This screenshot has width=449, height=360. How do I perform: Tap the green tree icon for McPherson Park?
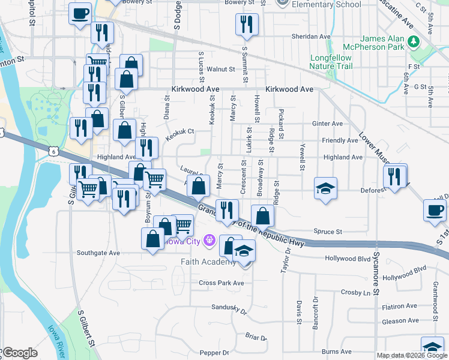pos(413,41)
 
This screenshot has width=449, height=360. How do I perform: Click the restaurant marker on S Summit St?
pos(246,25)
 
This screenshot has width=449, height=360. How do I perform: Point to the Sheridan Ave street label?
pos(311,37)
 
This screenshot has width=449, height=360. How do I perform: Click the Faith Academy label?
pos(208,262)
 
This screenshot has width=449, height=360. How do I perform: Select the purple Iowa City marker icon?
pos(209,241)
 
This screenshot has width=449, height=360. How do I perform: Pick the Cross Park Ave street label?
pos(221,283)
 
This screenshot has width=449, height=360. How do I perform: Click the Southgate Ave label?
pos(98,253)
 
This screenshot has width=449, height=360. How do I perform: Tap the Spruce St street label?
pos(328,232)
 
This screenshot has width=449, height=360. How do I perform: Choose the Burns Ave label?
pos(336,352)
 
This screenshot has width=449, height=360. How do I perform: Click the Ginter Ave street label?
pos(327,124)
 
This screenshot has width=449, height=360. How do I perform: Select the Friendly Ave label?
pos(340,140)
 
